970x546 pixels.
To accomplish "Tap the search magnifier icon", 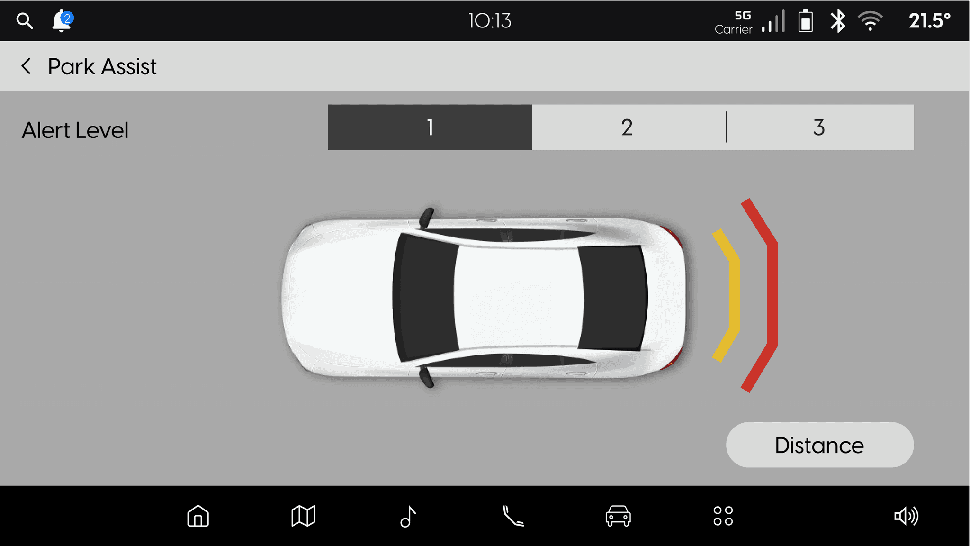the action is pos(25,21).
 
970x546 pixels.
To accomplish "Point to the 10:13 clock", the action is pos(490,21).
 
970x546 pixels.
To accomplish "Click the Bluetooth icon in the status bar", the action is pos(838,21).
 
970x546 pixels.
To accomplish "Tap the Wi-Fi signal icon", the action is pos(870,21).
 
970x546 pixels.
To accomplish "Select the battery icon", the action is pos(806,21).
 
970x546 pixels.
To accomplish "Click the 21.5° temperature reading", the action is pos(929,21).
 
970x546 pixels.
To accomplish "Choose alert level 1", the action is pos(430,127).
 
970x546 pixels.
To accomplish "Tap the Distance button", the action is pos(820,445).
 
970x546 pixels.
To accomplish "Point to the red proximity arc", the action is pos(772,295).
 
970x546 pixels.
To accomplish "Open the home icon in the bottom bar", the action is pos(198,516).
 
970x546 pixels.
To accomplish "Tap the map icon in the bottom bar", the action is pos(303,516).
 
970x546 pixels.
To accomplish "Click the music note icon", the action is pos(408,516).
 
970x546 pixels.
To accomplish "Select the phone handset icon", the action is pos(513,516).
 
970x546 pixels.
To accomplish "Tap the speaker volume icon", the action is pos(906,516).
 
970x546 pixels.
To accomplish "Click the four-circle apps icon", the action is pos(723,516).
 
